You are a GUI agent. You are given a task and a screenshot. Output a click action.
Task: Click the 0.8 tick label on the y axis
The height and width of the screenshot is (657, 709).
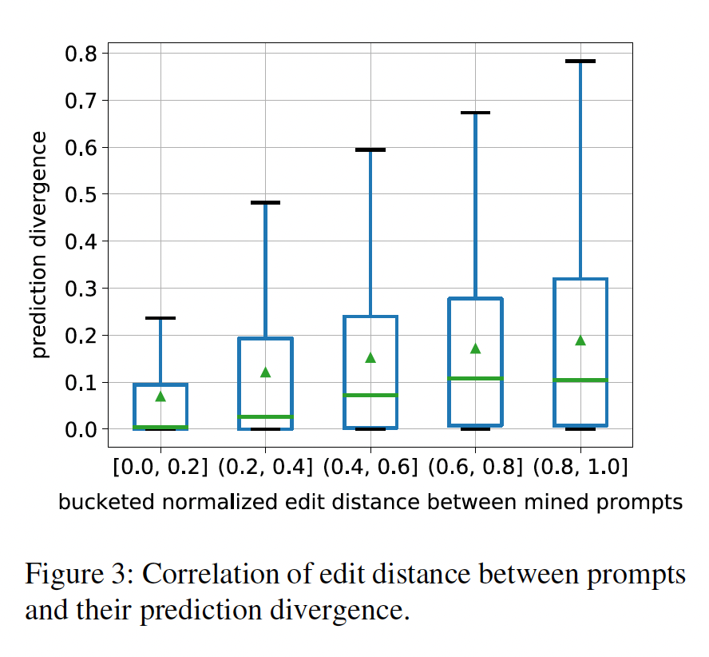point(80,54)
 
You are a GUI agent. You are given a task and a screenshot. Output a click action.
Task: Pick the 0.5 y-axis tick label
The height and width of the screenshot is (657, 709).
point(80,194)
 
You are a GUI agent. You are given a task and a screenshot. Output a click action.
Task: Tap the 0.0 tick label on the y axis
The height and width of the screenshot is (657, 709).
point(80,430)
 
